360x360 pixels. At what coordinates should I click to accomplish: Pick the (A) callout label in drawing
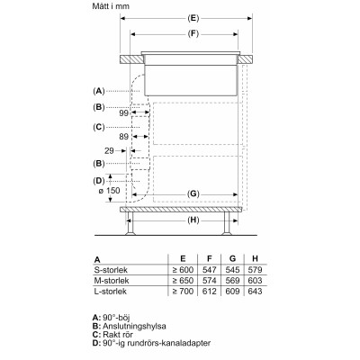(x=99, y=91)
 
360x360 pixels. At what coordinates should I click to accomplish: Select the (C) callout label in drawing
(x=99, y=127)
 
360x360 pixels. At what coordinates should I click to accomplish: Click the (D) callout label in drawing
(x=99, y=182)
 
